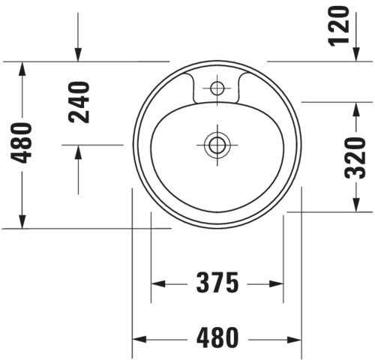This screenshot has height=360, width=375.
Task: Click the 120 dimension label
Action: (339, 26)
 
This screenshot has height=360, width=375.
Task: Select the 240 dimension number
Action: (79, 102)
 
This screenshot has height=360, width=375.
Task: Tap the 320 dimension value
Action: (355, 158)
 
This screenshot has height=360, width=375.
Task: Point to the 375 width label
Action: (217, 283)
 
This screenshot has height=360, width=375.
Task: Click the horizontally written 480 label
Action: (217, 337)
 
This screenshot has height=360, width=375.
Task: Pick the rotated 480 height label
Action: (21, 142)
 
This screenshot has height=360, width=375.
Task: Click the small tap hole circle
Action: (217, 88)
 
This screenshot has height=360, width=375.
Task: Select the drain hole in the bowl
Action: (217, 145)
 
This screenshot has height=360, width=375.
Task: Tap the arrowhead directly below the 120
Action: (356, 54)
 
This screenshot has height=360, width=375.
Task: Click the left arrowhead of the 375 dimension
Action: (158, 284)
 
